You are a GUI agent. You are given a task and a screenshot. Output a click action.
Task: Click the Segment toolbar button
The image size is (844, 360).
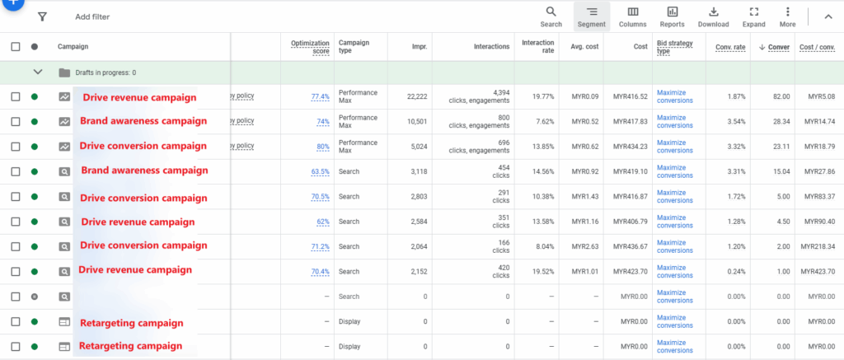[591, 16]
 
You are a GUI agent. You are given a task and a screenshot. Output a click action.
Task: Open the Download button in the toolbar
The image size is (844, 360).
[713, 16]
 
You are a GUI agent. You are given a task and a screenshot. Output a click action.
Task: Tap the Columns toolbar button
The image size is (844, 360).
[632, 16]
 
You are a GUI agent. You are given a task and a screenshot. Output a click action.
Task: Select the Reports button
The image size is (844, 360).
[672, 16]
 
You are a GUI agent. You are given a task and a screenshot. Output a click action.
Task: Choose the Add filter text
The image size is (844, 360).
[92, 16]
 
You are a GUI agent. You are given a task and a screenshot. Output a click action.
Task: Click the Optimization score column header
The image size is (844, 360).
[310, 47]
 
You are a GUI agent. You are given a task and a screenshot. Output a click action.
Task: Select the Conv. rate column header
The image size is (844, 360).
[730, 47]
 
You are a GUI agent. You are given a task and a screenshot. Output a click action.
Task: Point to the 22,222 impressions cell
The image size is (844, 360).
[417, 96]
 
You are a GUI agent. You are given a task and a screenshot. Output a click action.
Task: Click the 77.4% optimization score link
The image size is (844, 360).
[320, 96]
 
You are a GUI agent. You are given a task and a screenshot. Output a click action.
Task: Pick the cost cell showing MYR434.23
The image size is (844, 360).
[631, 147]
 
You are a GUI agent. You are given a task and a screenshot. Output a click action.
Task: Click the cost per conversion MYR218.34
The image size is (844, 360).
[819, 246]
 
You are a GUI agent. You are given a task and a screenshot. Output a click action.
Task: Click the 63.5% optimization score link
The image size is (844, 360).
[320, 171]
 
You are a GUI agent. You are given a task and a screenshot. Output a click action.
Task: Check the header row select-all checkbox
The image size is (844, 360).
[16, 47]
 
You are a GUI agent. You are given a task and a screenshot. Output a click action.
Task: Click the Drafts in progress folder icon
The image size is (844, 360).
[64, 72]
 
